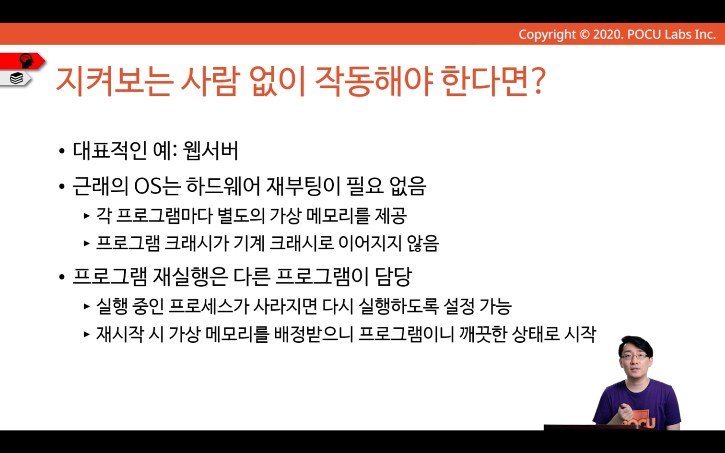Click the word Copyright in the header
pos(547,35)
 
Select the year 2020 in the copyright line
pos(607,35)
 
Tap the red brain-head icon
pos(26,61)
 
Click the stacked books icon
pos(16,78)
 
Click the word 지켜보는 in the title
pos(113,81)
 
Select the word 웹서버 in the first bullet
pos(210,151)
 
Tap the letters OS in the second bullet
pos(148,186)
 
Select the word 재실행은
pos(189,277)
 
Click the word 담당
pos(393,277)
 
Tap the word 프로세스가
pos(209,306)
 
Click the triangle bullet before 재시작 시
pos(86,334)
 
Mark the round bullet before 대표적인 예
pos(62,151)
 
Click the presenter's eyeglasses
pos(635,357)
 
